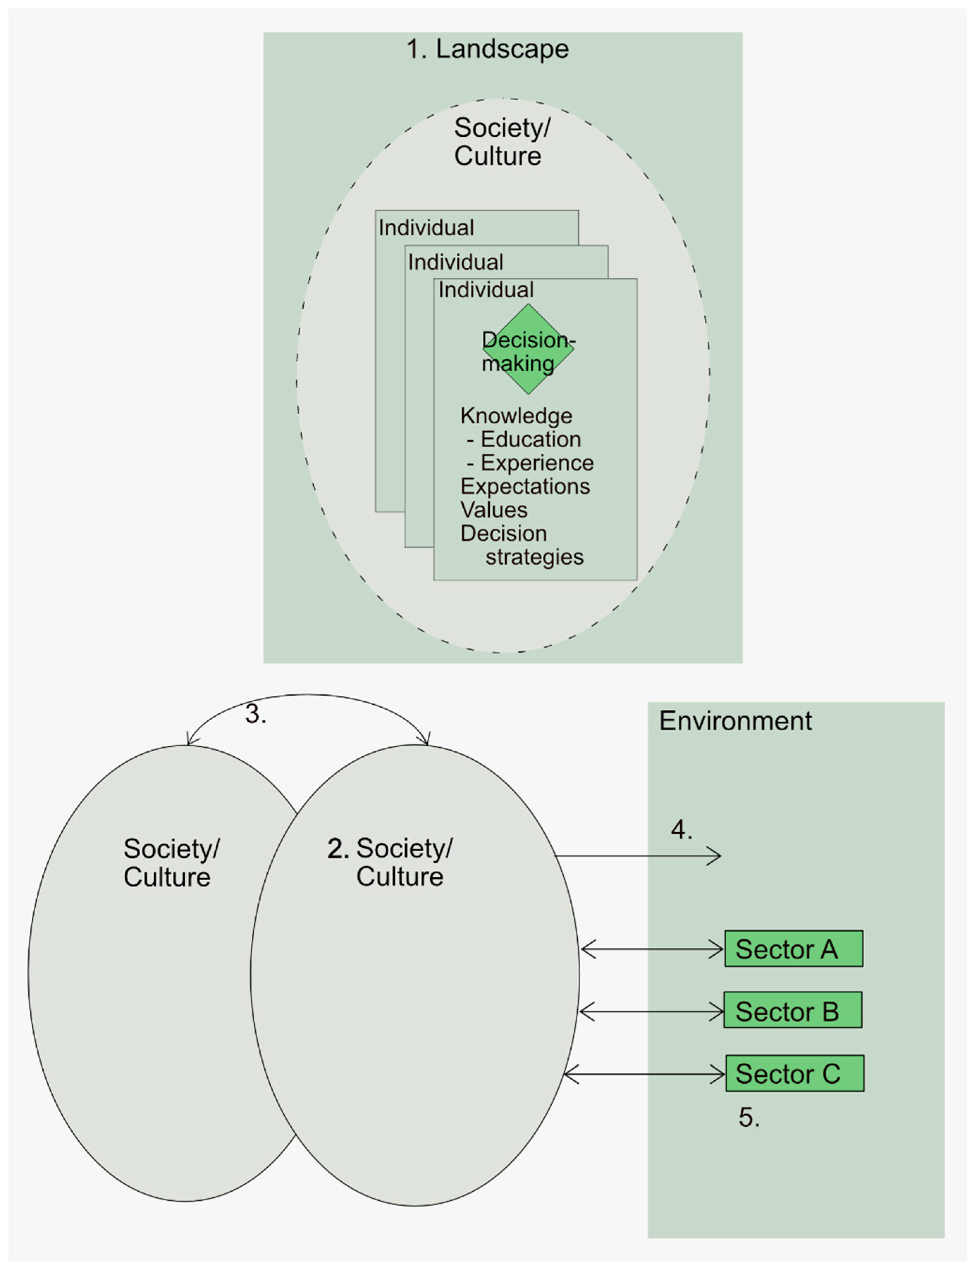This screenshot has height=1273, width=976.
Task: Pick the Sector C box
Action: (794, 1073)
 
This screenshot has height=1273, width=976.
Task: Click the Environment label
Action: (735, 721)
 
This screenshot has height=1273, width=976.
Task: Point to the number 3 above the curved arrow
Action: (255, 714)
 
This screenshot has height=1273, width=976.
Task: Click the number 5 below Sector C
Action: (749, 1117)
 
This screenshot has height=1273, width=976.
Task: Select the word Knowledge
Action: (516, 416)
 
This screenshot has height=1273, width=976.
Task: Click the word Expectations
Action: (525, 486)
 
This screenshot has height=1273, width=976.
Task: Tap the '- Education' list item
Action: (524, 439)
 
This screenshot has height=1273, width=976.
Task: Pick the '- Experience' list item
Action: (530, 463)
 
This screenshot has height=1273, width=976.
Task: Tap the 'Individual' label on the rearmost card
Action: (426, 228)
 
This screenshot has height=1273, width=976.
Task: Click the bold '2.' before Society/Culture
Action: (338, 849)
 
